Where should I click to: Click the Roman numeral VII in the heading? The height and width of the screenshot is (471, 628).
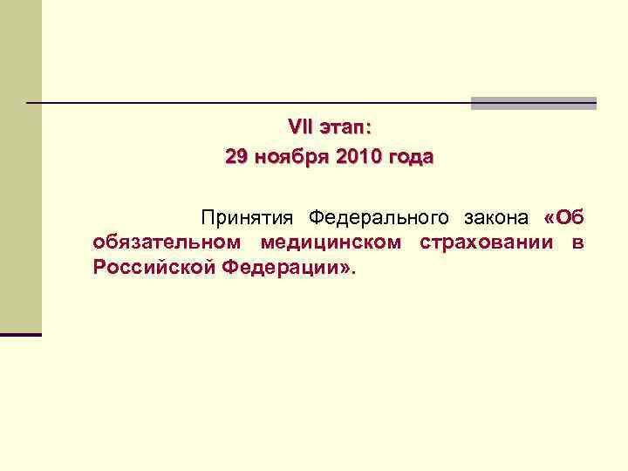click(x=300, y=128)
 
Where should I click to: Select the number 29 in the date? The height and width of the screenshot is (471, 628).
click(x=235, y=157)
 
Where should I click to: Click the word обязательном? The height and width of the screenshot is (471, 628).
click(x=168, y=242)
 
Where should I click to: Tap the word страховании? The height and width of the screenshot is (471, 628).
click(x=486, y=242)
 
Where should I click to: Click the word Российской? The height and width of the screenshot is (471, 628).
click(x=152, y=267)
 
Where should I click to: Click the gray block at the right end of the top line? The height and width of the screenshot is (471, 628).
click(x=533, y=103)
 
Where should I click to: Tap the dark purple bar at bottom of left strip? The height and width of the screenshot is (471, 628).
click(x=20, y=334)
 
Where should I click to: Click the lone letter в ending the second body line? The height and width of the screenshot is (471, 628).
click(x=577, y=242)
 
